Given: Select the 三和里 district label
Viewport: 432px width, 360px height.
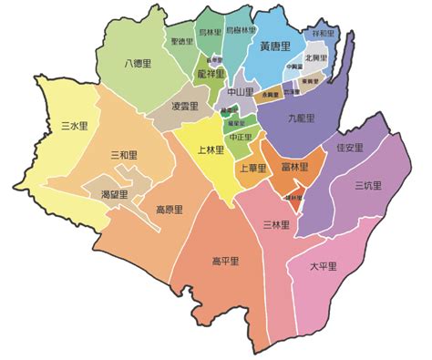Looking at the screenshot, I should (124, 156).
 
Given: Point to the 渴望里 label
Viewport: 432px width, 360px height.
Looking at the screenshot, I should (115, 194).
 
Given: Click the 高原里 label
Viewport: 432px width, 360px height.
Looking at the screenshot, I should (169, 209).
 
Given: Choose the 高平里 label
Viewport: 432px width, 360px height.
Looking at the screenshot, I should (225, 262).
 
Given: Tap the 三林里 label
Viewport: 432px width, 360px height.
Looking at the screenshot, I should (275, 224).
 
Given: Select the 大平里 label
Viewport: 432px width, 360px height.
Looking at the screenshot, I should (324, 266).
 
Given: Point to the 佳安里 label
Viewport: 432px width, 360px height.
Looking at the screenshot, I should (350, 148).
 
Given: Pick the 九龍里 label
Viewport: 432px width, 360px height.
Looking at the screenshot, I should (301, 118).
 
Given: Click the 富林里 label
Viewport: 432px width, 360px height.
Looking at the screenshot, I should (295, 168).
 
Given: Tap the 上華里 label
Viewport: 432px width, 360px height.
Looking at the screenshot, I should (252, 169).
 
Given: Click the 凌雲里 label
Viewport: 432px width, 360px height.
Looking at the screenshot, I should (185, 107).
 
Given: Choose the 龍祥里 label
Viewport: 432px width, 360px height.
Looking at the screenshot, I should (211, 73).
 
